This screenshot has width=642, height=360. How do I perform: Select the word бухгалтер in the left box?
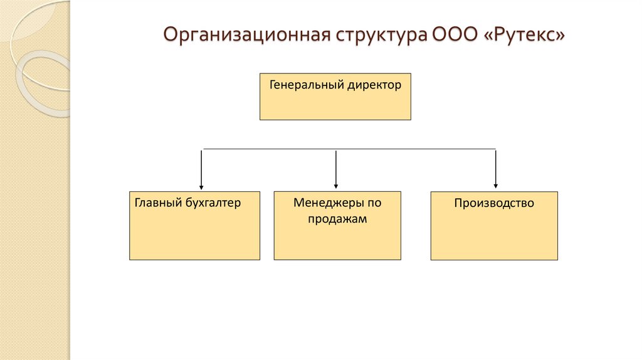point(213,203)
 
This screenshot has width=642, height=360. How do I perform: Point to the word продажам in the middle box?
point(337,220)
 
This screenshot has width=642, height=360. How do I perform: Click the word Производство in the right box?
point(494,203)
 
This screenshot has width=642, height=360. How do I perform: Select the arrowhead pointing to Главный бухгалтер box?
point(201,186)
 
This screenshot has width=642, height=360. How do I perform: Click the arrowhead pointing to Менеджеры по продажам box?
point(337,186)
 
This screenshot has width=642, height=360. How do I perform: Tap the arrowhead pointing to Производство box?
point(496,186)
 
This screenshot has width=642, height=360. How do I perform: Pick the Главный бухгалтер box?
point(194,235)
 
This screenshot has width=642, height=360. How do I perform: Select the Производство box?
point(494,235)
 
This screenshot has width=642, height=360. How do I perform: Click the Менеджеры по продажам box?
point(337,241)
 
